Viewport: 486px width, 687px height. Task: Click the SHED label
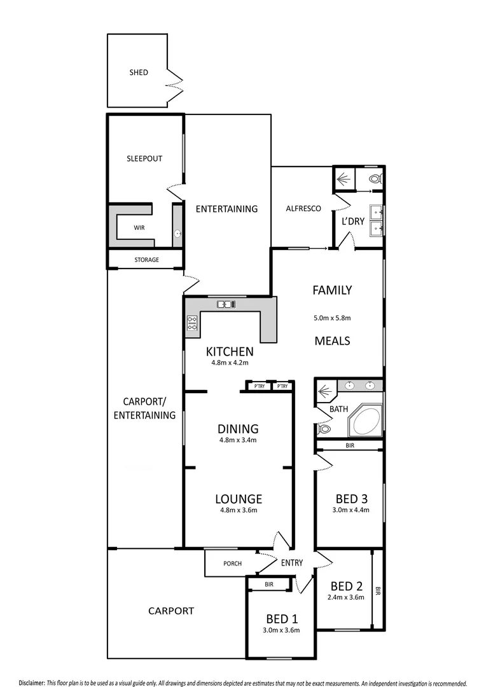[x=139, y=73]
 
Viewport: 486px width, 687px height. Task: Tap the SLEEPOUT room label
[x=144, y=158]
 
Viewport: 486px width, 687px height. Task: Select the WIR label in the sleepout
[x=139, y=227]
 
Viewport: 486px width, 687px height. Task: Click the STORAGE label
[x=146, y=260]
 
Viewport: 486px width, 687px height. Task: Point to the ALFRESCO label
[x=303, y=209]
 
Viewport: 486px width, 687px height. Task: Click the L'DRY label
[x=353, y=221]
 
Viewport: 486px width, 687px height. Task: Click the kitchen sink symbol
[x=226, y=304]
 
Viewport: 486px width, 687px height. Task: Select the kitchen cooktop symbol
[x=191, y=323]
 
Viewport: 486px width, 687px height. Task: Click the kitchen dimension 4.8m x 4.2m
[x=230, y=363]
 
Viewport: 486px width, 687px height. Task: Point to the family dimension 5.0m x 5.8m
[x=332, y=317]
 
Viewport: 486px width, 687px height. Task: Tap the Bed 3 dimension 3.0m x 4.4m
[x=350, y=510]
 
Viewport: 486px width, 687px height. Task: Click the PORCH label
[x=232, y=563]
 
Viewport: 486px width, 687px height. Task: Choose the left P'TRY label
[x=259, y=386]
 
